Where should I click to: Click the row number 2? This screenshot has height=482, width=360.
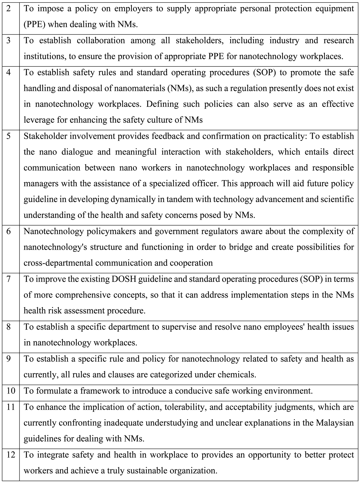[x=8, y=8]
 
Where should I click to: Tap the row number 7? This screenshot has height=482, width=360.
[x=8, y=279]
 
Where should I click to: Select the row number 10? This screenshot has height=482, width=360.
[x=10, y=391]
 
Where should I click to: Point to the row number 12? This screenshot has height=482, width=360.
[x=10, y=455]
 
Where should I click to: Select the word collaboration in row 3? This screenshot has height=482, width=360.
[x=101, y=41]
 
